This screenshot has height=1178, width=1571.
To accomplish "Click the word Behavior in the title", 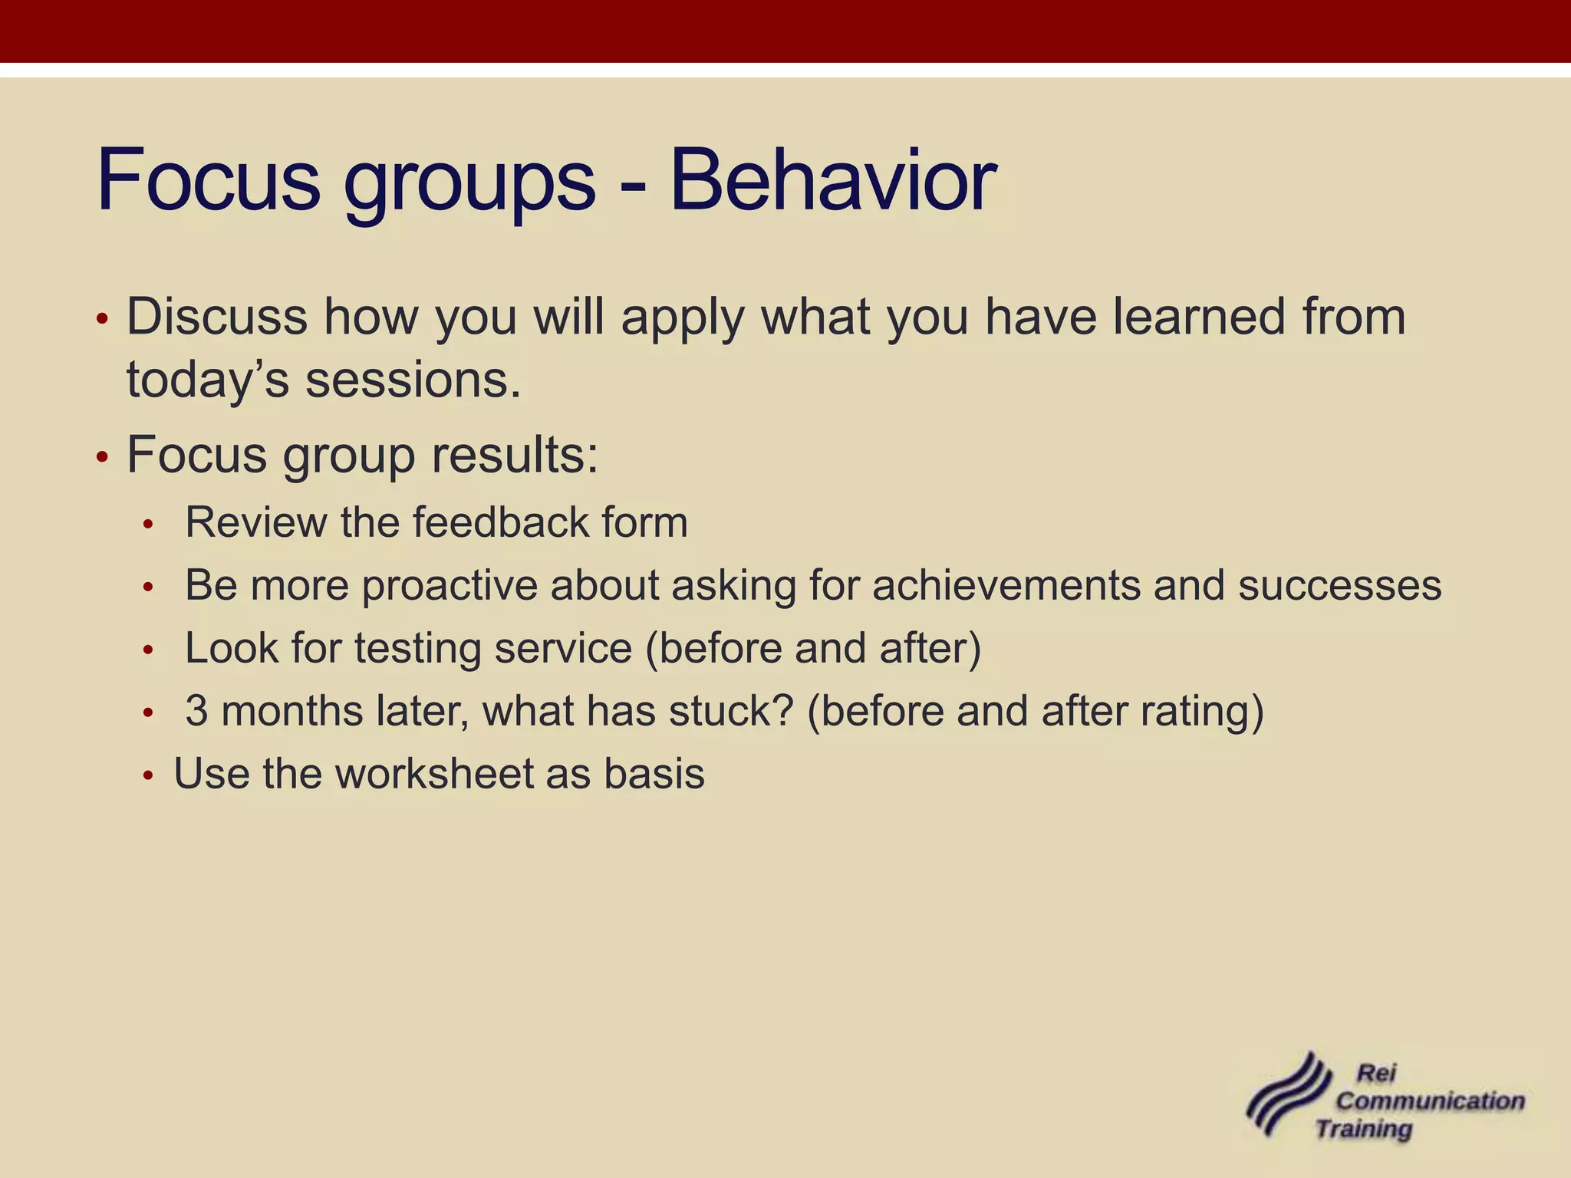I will (832, 181).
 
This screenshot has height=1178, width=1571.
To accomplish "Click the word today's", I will (207, 380).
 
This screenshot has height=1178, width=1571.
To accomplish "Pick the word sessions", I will (413, 380).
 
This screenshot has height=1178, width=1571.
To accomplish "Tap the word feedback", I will (500, 522).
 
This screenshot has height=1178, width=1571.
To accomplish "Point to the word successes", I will (1339, 585).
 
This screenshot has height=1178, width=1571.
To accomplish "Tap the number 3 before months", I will (196, 711).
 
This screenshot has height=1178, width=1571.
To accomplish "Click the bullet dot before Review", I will (149, 525).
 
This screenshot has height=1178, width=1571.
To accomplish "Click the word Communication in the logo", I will (1430, 1101).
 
